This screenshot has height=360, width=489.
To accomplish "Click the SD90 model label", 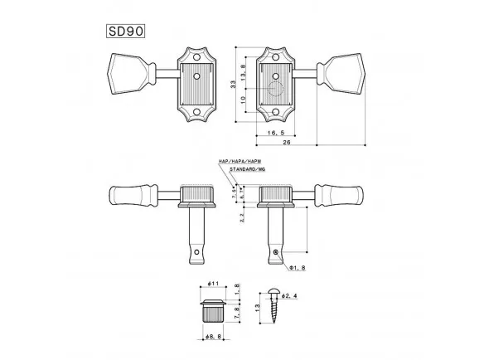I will (x=125, y=34).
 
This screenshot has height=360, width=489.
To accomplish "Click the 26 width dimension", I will (x=285, y=144).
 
